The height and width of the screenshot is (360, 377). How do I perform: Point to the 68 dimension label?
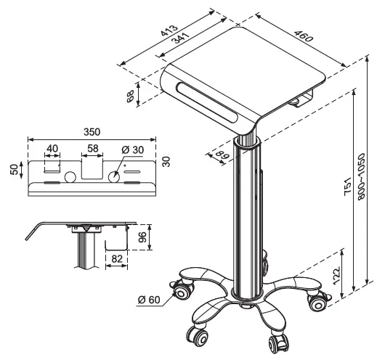click(131, 97)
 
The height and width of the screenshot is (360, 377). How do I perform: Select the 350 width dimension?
click(92, 132)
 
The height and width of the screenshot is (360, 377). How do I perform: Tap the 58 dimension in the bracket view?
click(92, 149)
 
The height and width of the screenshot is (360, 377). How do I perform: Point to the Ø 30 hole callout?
click(134, 149)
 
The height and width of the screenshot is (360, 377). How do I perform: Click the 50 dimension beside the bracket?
click(15, 168)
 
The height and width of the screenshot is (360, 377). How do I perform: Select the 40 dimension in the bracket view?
click(52, 149)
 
